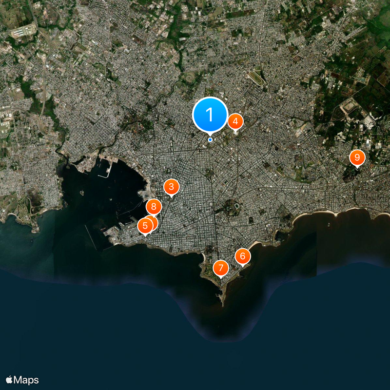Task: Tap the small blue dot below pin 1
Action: [x=210, y=139]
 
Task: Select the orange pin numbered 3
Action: [x=171, y=186]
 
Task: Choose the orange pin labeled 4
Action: [x=235, y=121]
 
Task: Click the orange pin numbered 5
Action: [x=145, y=226]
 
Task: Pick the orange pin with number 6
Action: [x=242, y=256]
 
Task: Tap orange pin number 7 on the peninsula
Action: [x=221, y=268]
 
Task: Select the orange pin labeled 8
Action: [x=154, y=207]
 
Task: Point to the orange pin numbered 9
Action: [x=357, y=157]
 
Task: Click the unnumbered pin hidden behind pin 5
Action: [x=152, y=222]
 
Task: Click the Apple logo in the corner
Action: [x=9, y=380]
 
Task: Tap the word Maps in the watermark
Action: [x=26, y=380]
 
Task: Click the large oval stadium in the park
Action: [x=236, y=207]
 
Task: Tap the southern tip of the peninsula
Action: [x=222, y=303]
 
